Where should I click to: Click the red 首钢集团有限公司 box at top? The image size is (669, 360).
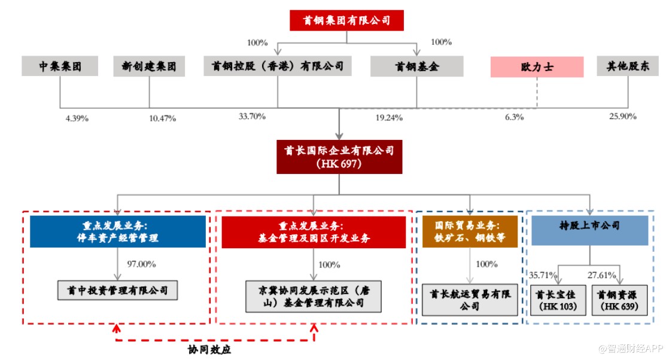pyautogui.click(x=346, y=21)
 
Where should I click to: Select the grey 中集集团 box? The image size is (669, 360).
pyautogui.click(x=60, y=66)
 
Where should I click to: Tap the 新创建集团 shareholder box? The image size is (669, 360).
pyautogui.click(x=149, y=66)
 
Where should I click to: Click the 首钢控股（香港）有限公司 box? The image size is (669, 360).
pyautogui.click(x=278, y=66)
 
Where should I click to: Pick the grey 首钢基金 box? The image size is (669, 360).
pyautogui.click(x=416, y=66)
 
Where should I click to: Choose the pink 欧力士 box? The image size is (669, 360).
pyautogui.click(x=537, y=67)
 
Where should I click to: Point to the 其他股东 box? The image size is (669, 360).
pyautogui.click(x=628, y=66)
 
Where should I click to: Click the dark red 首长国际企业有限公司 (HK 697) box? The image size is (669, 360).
pyautogui.click(x=339, y=157)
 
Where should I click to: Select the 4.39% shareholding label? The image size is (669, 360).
pyautogui.click(x=77, y=118)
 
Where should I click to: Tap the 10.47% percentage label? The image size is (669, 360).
pyautogui.click(x=162, y=118)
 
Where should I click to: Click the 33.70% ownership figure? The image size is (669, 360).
pyautogui.click(x=252, y=116)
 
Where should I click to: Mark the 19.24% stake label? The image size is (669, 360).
pyautogui.click(x=389, y=118)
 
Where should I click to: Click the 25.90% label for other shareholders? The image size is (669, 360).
pyautogui.click(x=622, y=116)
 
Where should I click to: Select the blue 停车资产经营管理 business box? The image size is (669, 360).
pyautogui.click(x=118, y=231)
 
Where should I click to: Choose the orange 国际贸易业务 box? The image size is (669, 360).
pyautogui.click(x=469, y=231)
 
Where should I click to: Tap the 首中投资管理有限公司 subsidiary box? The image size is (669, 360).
pyautogui.click(x=118, y=291)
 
